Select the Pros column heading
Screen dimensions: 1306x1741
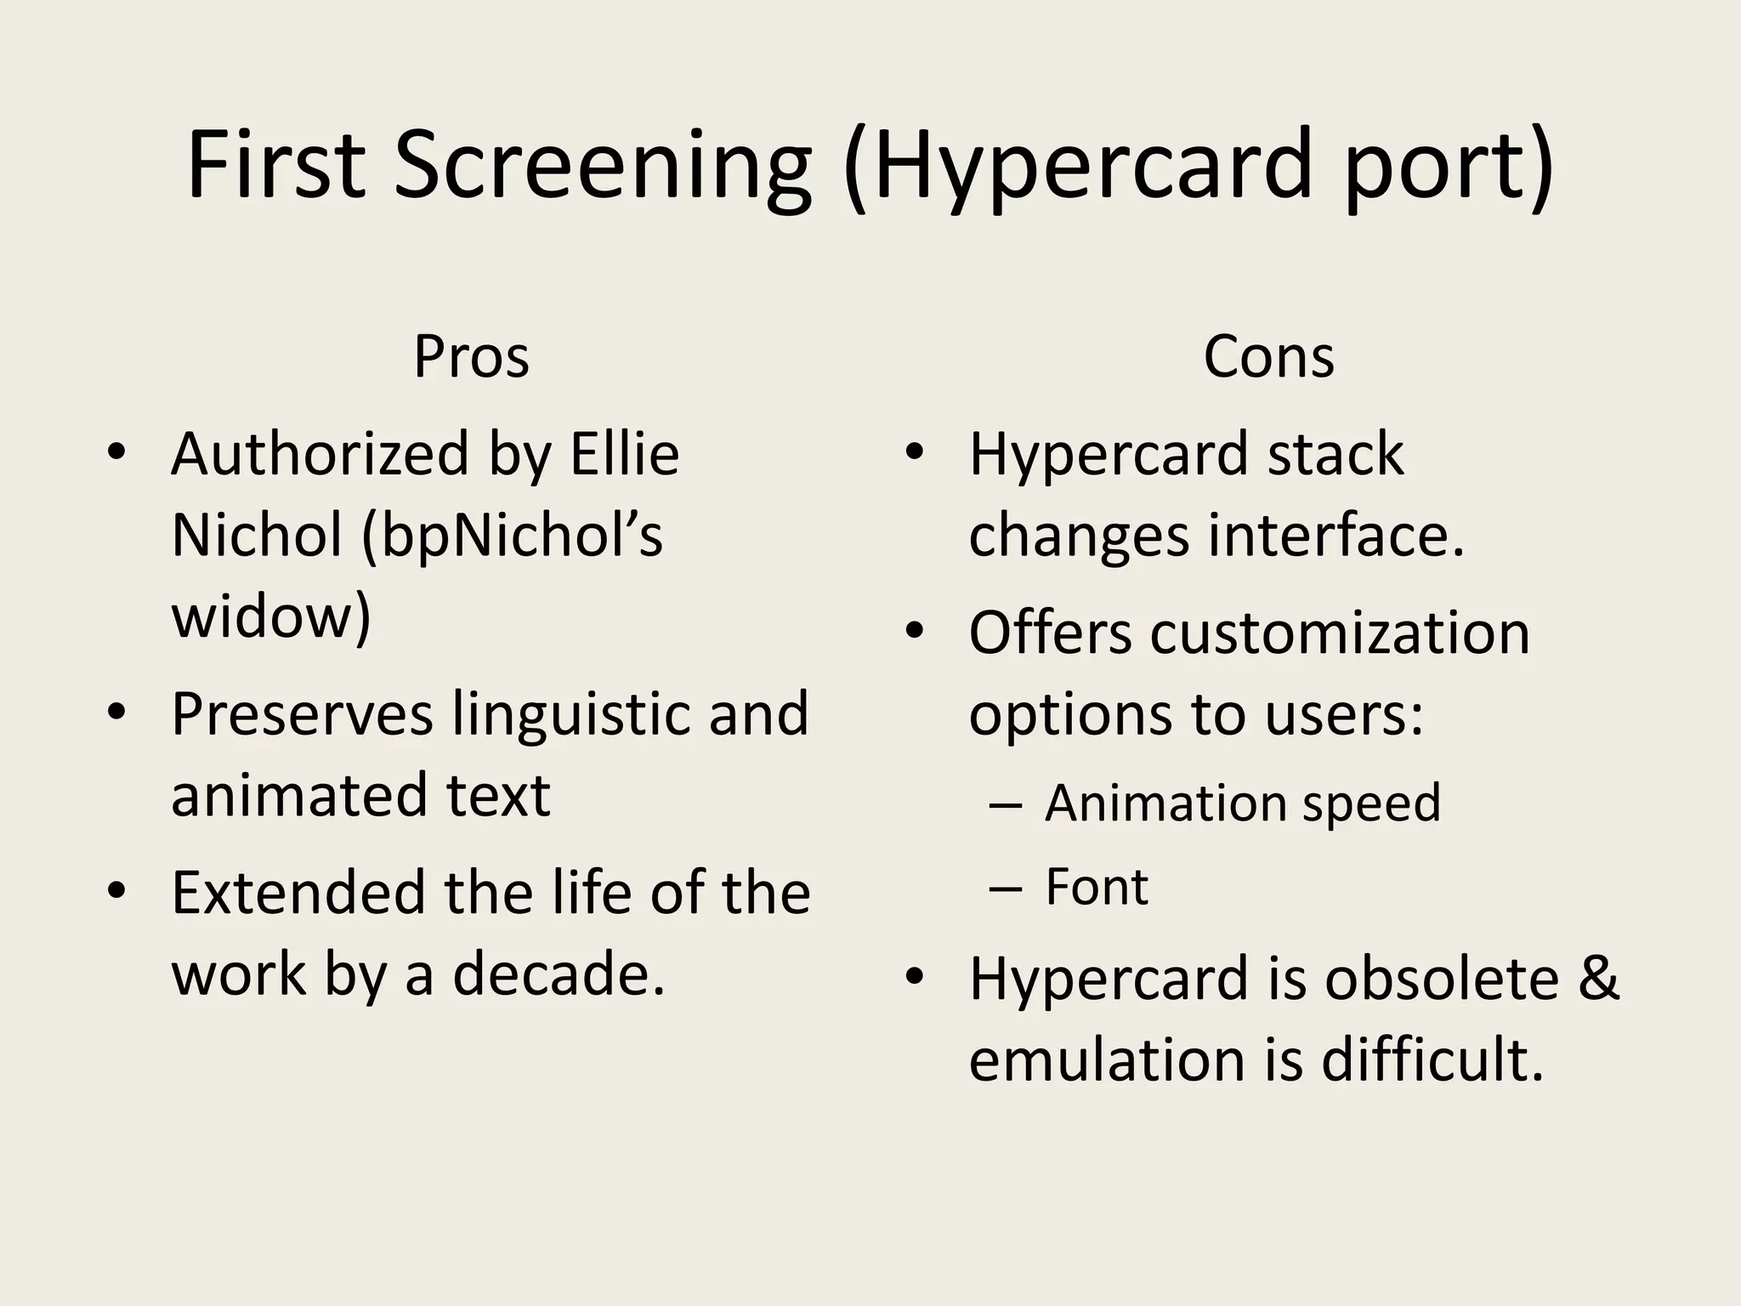[471, 357]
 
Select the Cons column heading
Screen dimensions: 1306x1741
[1268, 357]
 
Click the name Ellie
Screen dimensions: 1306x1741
[624, 454]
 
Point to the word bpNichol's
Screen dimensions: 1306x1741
[513, 536]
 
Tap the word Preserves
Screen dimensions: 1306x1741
[302, 714]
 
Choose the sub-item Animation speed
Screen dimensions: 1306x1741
[1242, 803]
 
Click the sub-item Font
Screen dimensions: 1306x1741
[1096, 888]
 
